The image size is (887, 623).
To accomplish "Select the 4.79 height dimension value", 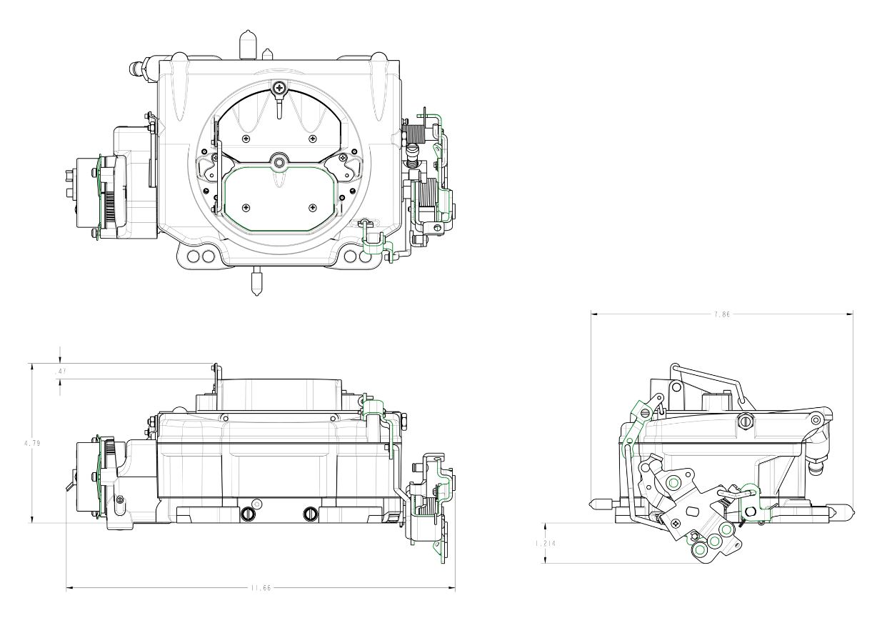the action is (x=32, y=444).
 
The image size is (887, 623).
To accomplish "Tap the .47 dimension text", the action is (x=60, y=372).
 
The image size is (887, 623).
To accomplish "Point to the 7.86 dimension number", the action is (x=722, y=315).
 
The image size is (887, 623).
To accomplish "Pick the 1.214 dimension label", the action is (x=545, y=544).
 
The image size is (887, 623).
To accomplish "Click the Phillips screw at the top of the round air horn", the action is (x=281, y=87).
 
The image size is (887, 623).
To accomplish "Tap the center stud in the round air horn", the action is (x=280, y=162).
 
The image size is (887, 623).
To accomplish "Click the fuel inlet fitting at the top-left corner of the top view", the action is (x=140, y=67).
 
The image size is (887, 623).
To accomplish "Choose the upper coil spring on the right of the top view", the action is (x=415, y=133).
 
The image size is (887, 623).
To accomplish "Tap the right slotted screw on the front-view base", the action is (x=310, y=514).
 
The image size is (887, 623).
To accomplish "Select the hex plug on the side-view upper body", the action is (x=745, y=421).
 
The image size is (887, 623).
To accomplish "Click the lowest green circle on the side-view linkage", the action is (x=700, y=550).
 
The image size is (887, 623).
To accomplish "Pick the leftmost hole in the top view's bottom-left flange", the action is (x=194, y=256).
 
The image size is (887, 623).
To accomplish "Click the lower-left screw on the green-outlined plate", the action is (x=246, y=207).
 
